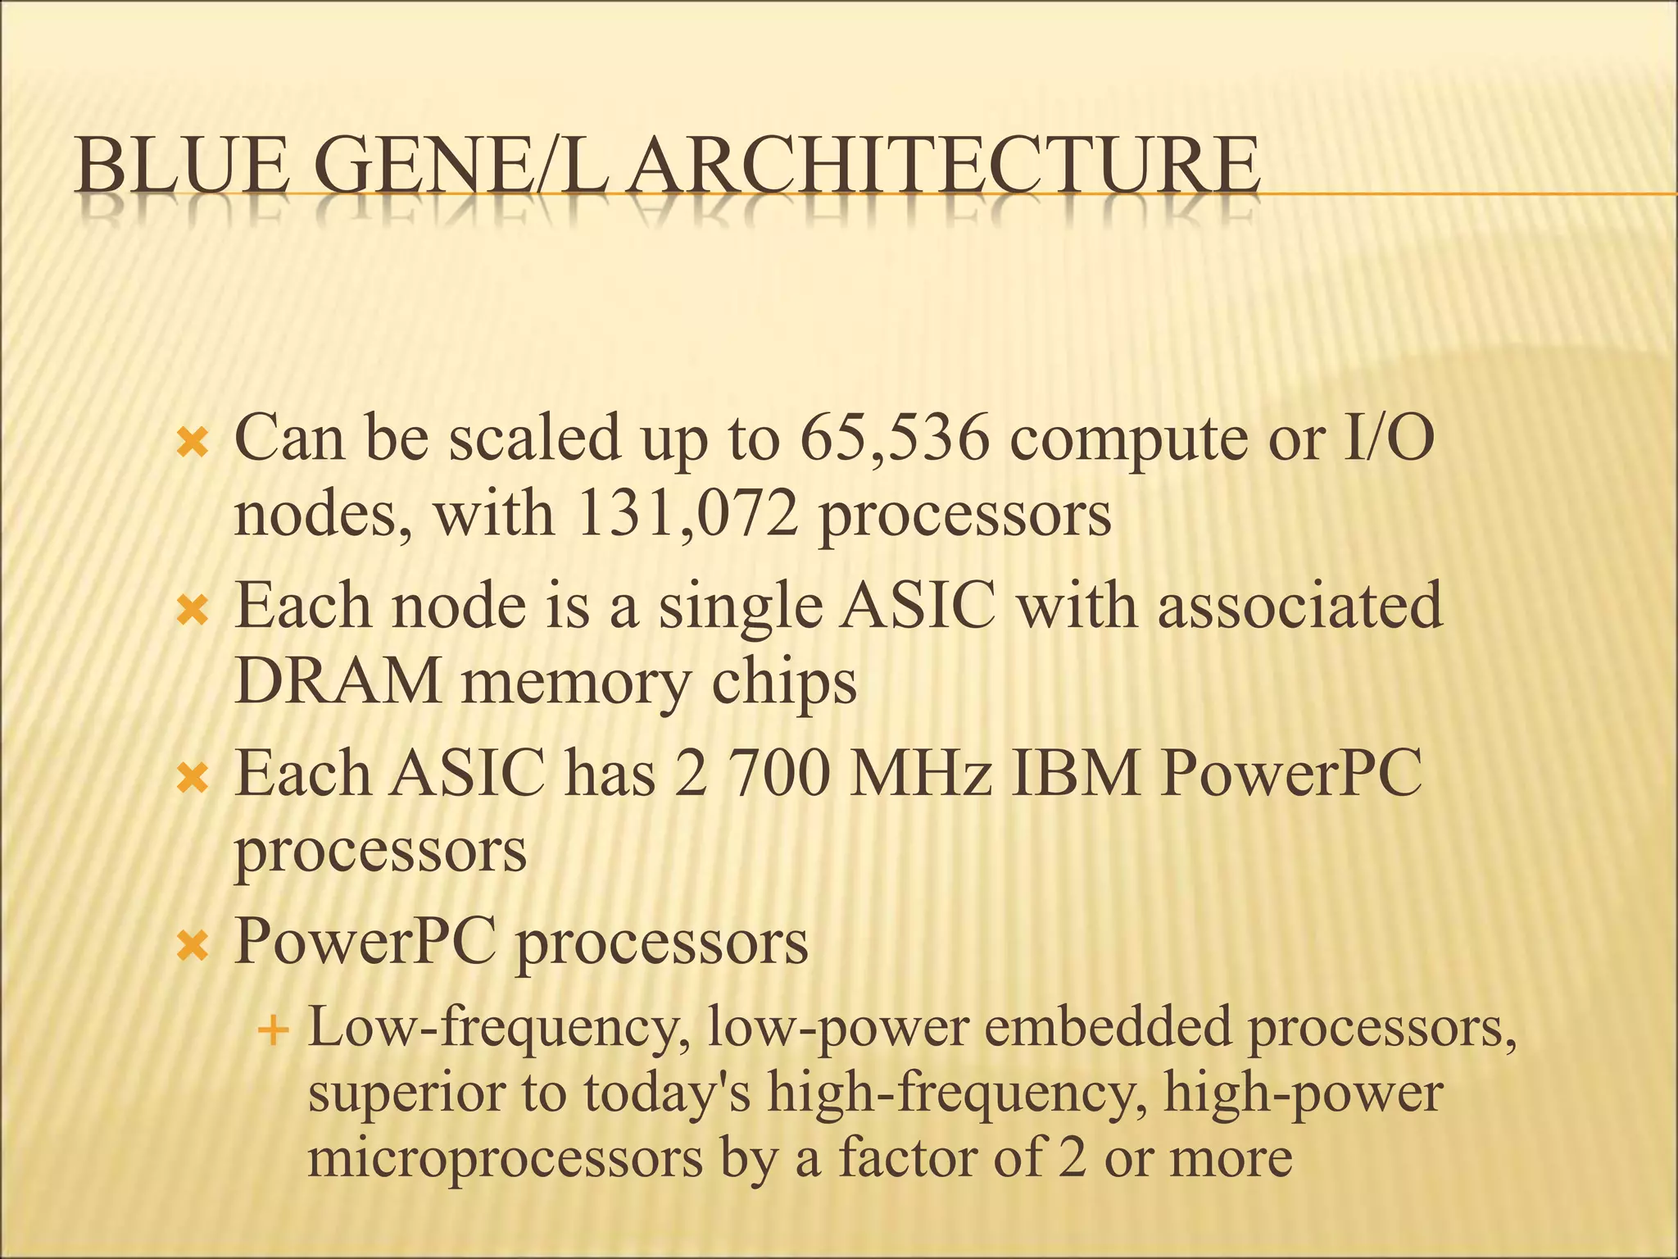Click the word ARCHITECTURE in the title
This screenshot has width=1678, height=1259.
coord(946,166)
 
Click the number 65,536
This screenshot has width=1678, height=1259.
coord(894,439)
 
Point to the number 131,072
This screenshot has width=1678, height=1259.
coord(687,515)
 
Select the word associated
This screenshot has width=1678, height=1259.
coord(1299,607)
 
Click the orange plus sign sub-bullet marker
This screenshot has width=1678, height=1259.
coord(273,1029)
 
